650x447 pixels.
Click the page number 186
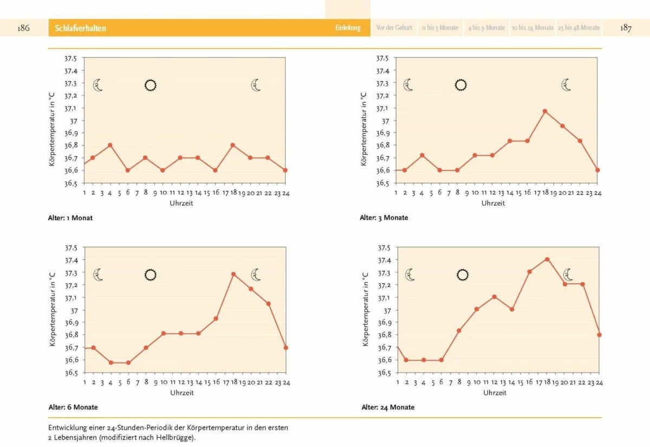pyautogui.click(x=23, y=28)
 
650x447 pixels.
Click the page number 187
pyautogui.click(x=626, y=28)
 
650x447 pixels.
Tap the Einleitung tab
pyautogui.click(x=348, y=28)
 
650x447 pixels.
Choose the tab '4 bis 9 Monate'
pyautogui.click(x=486, y=28)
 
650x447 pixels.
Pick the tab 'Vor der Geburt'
pyautogui.click(x=394, y=28)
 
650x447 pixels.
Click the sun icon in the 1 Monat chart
pyautogui.click(x=151, y=85)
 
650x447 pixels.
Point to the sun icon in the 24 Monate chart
pyautogui.click(x=462, y=275)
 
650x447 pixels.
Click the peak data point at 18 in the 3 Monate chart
pyautogui.click(x=545, y=111)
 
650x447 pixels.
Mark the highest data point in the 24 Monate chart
pyautogui.click(x=547, y=259)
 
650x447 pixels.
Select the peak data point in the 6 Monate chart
pyautogui.click(x=233, y=274)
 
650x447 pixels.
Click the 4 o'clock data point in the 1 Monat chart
pyautogui.click(x=110, y=145)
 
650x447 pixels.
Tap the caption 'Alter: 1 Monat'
pyautogui.click(x=70, y=218)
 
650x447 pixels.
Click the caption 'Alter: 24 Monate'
pyautogui.click(x=388, y=407)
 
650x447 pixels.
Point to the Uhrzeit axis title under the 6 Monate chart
pyautogui.click(x=182, y=392)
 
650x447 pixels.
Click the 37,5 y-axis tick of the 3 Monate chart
pyautogui.click(x=382, y=58)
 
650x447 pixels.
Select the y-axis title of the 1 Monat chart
pyautogui.click(x=53, y=128)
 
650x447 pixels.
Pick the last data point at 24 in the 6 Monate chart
pyautogui.click(x=285, y=348)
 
